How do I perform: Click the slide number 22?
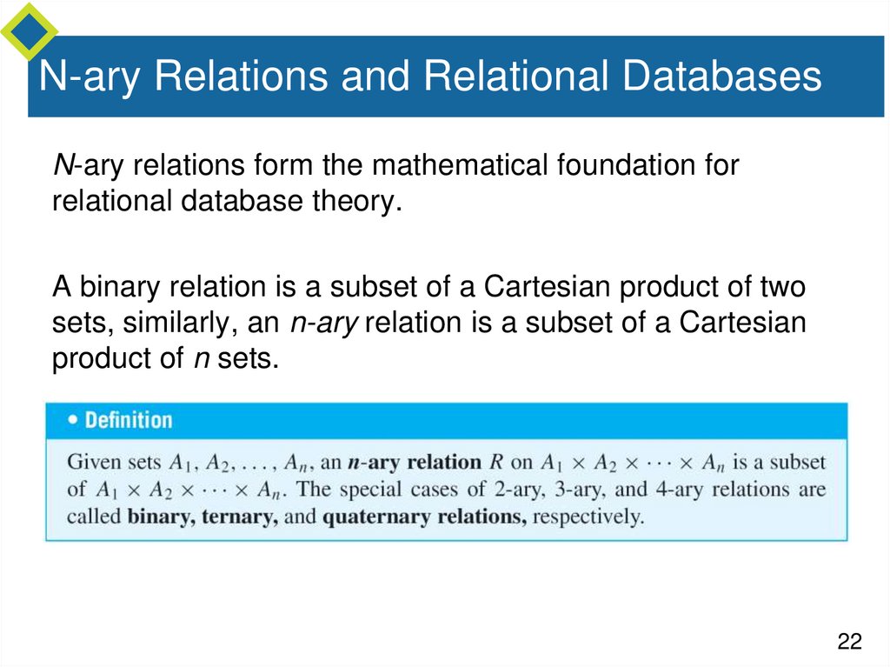point(849,642)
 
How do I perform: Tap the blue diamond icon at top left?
point(29,29)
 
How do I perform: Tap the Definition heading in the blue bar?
point(129,420)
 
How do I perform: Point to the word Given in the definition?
point(93,462)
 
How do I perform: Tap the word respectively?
point(588,517)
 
